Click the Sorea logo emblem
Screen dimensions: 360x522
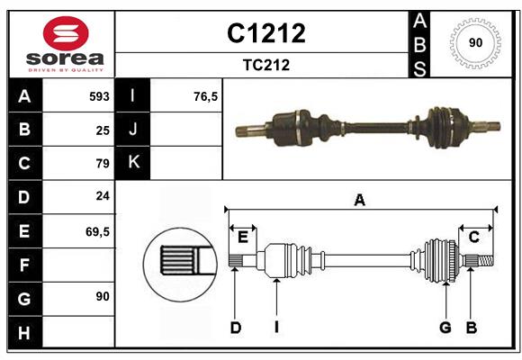click(x=60, y=33)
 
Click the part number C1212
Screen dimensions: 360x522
click(x=265, y=33)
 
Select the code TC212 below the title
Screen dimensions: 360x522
click(x=265, y=65)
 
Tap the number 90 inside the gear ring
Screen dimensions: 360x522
click(x=475, y=43)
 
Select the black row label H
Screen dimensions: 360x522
click(x=24, y=332)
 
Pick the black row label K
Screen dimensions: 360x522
click(x=133, y=163)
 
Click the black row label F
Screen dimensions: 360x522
click(x=24, y=265)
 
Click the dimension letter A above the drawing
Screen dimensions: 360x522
click(x=360, y=200)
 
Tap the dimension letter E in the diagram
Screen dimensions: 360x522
click(x=243, y=237)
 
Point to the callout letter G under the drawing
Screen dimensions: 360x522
click(x=445, y=328)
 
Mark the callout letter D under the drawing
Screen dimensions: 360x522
click(x=235, y=328)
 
